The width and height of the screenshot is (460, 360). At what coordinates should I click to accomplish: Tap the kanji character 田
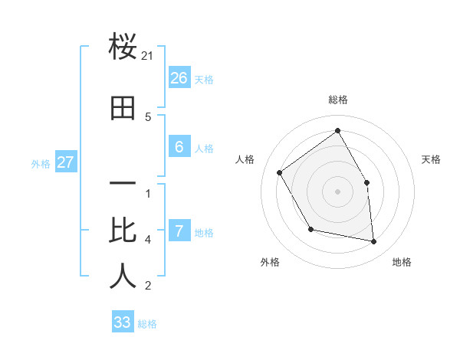point(123,109)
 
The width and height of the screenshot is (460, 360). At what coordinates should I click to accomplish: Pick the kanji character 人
point(123,276)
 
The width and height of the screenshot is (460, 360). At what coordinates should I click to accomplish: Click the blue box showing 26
point(179,78)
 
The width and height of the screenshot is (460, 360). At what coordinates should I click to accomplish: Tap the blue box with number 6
point(179,147)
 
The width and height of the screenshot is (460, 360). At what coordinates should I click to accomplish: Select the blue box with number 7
point(179,231)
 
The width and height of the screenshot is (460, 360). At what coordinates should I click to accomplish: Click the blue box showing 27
point(65,162)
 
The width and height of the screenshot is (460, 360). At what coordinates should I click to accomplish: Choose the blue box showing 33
point(123,322)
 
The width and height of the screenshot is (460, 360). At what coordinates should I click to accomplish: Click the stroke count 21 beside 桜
point(149,56)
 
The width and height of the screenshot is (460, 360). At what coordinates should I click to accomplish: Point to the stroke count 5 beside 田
point(148,117)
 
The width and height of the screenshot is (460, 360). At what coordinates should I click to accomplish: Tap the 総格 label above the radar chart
point(338,100)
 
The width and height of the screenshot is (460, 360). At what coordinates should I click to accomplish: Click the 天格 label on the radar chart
point(432,159)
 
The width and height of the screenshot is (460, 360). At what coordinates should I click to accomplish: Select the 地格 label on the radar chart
point(402,262)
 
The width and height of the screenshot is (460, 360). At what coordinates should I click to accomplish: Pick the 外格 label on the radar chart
point(270,262)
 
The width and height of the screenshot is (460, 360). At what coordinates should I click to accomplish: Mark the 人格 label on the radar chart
point(245,159)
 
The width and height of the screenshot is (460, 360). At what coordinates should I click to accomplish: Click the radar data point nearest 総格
point(338,131)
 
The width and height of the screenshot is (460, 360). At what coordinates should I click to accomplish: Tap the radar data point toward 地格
point(374,241)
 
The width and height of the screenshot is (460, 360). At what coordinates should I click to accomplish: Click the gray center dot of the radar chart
point(338,191)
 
